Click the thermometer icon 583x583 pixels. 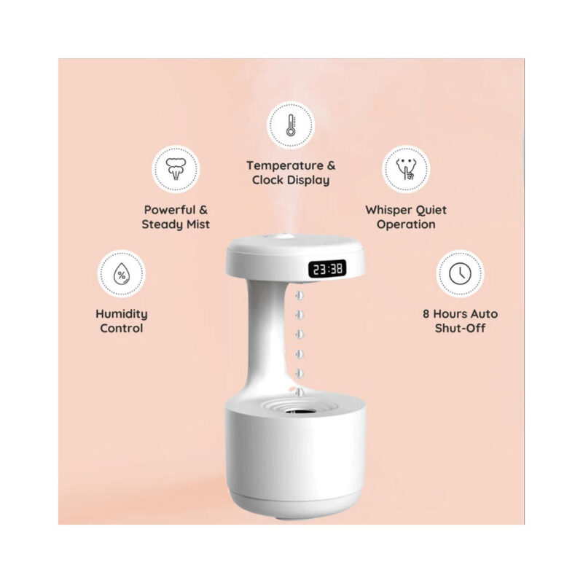[291, 125]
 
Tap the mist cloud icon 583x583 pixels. [176, 169]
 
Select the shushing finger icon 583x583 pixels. [406, 169]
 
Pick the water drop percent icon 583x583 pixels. [122, 274]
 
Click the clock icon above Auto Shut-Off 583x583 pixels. [460, 274]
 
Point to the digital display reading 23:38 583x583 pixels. [327, 268]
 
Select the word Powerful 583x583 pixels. [170, 210]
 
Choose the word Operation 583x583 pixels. [406, 225]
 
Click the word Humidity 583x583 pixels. [122, 314]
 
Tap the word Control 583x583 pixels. [122, 329]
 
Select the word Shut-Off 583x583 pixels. [460, 329]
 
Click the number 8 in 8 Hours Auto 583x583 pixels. [426, 314]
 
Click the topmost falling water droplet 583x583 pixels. [300, 296]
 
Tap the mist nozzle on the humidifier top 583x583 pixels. [283, 236]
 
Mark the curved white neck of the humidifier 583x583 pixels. [267, 334]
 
